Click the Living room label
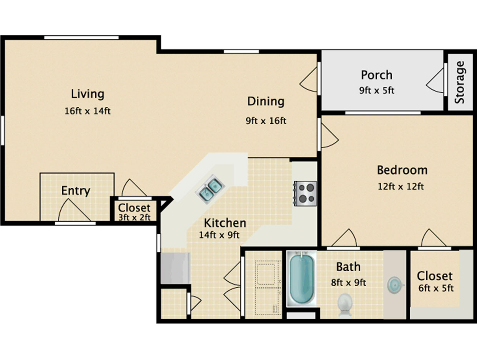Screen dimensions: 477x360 [x=88, y=94]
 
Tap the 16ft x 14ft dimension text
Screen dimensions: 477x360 [x=88, y=111]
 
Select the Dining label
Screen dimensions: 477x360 [x=266, y=101]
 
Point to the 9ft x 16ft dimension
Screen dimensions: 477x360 [x=266, y=121]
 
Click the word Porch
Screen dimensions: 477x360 [x=377, y=75]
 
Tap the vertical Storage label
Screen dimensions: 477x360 [x=459, y=82]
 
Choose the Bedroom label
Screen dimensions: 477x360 [x=402, y=170]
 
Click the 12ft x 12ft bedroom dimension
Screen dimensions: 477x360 [x=401, y=186]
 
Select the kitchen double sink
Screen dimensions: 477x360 [x=210, y=189]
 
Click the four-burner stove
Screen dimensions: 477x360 [x=305, y=194]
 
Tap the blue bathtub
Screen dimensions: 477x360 [x=302, y=279]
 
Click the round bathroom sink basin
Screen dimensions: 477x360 [x=395, y=285]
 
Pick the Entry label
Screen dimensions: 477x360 [x=76, y=191]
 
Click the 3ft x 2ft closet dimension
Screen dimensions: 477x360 [x=135, y=217]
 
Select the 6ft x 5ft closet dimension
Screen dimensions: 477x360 [x=436, y=289]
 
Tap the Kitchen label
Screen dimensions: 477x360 [x=225, y=223]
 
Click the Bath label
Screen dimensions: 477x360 [x=348, y=267]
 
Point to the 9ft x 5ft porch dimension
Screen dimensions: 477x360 [x=377, y=90]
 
